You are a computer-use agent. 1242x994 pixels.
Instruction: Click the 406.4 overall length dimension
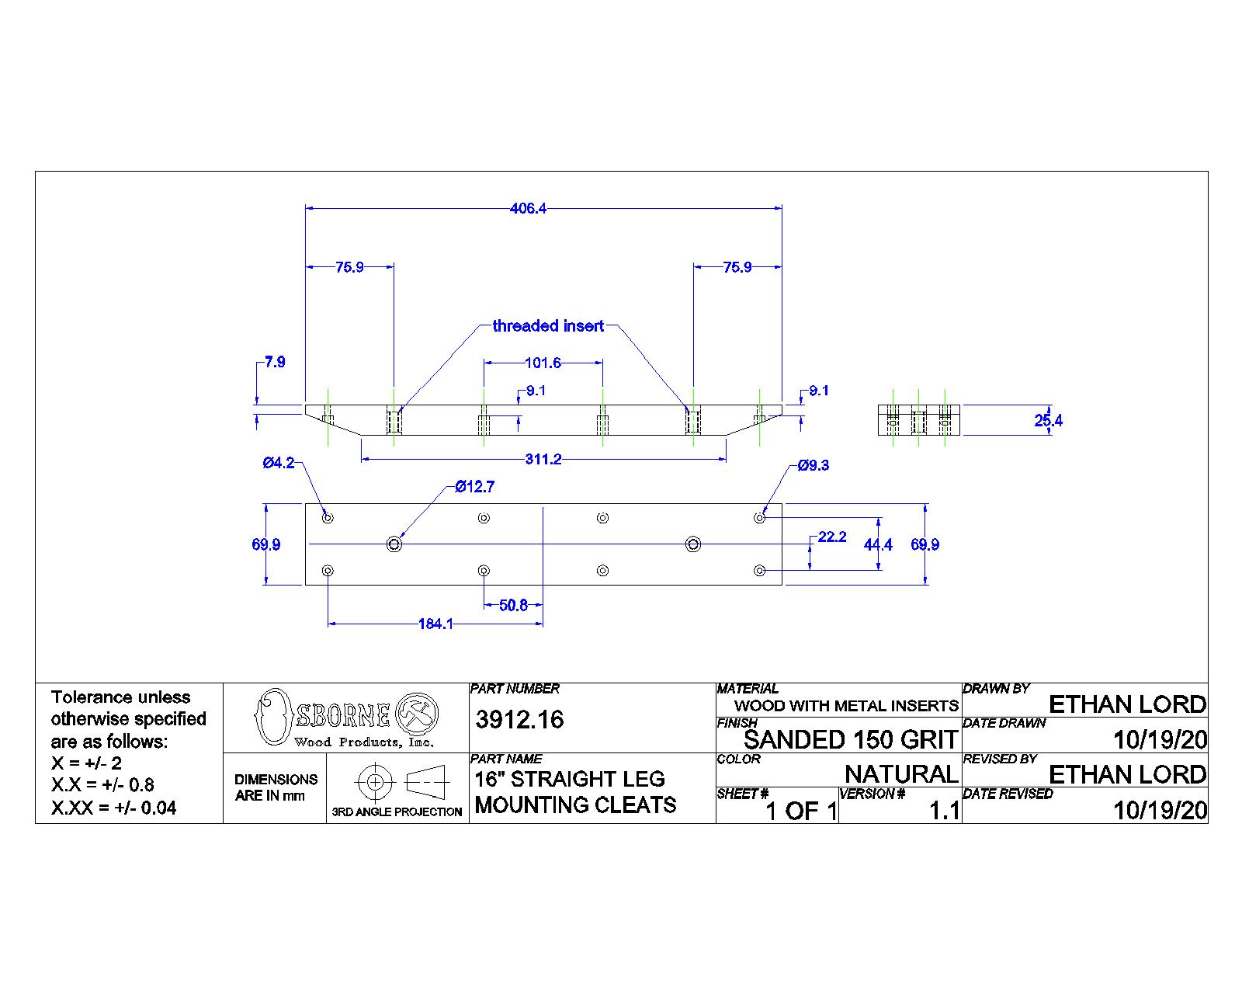[x=528, y=208]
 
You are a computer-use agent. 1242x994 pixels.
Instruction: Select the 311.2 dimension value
[x=543, y=459]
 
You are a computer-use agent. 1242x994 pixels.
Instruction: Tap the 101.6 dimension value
[x=543, y=363]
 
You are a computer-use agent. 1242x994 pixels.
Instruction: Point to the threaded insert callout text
[x=548, y=326]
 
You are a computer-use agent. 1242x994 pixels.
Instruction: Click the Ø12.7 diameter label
[x=474, y=487]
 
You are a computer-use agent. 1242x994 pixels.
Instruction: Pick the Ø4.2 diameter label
[x=278, y=463]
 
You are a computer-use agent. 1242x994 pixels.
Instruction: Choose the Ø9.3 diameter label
[x=814, y=465]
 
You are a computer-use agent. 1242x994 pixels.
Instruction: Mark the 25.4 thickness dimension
[x=1048, y=420]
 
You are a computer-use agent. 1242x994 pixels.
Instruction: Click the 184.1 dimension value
[x=435, y=624]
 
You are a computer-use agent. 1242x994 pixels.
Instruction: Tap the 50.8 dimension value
[x=513, y=605]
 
